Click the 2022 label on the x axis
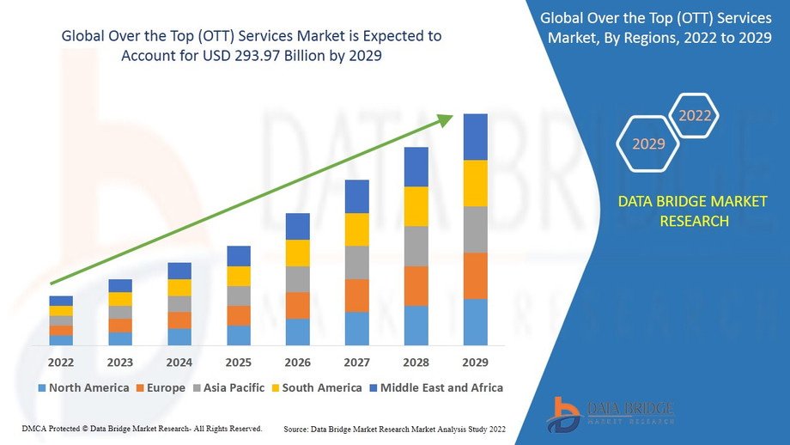point(61,362)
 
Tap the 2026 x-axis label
point(297,362)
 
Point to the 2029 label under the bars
point(475,362)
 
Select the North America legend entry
point(83,387)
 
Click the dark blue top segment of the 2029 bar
point(475,137)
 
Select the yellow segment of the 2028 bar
point(416,206)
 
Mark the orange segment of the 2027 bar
point(356,296)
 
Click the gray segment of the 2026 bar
point(297,279)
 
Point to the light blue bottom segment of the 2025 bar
point(238,335)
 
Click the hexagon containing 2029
point(649,143)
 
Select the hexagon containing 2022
point(695,115)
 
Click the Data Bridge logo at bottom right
point(611,413)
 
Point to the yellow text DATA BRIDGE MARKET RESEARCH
point(694,211)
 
